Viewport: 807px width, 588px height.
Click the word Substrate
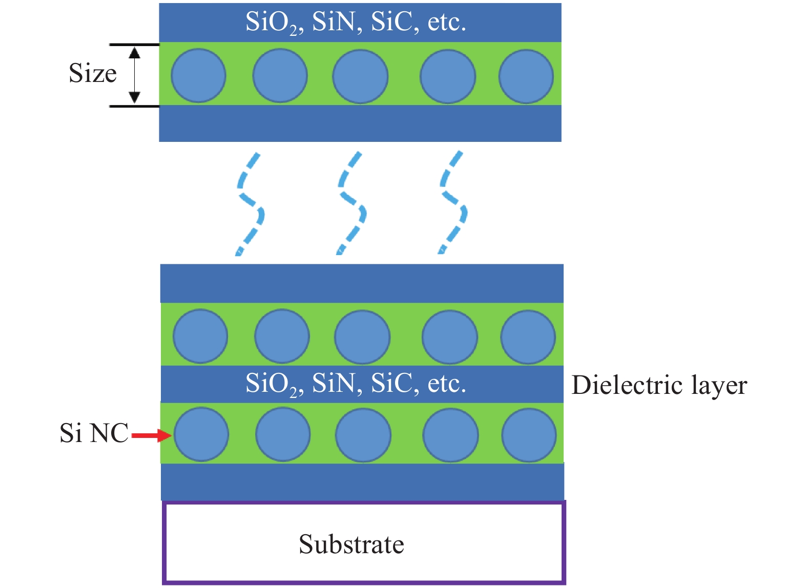click(x=351, y=544)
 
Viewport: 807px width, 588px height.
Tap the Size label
click(x=93, y=73)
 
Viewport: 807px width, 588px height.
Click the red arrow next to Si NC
click(x=152, y=436)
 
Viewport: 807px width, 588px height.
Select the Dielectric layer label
click(x=659, y=385)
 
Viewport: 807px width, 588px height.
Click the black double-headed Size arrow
click(x=134, y=75)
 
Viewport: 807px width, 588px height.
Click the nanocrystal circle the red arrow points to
click(x=201, y=435)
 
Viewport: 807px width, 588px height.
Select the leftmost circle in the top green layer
click(x=198, y=76)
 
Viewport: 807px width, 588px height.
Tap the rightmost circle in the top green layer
click(x=526, y=76)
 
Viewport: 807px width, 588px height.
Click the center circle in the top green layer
click(x=360, y=76)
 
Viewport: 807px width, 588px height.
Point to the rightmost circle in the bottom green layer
click(x=529, y=435)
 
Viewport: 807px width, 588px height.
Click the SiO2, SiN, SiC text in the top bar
click(x=356, y=23)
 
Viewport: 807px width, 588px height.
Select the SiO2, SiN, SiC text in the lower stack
click(x=356, y=384)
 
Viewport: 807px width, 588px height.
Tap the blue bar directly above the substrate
click(x=362, y=481)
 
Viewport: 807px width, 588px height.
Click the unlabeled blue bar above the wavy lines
click(x=360, y=123)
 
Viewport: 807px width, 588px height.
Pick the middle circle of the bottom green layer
click(x=363, y=435)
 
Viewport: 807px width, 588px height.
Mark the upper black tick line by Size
click(x=134, y=45)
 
